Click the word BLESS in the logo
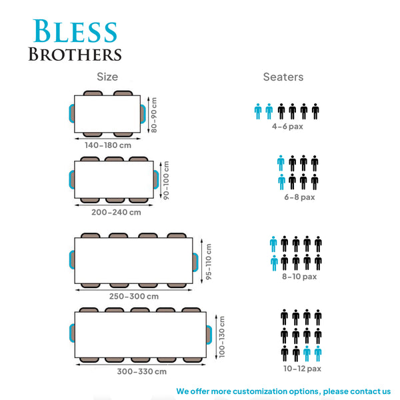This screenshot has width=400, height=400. [x=75, y=31]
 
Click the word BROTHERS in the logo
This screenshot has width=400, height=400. [x=75, y=55]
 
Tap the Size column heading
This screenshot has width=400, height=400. [x=107, y=77]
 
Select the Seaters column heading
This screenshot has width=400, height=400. [x=283, y=77]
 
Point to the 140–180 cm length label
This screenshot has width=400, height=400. [x=108, y=145]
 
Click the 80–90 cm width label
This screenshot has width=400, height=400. [x=153, y=115]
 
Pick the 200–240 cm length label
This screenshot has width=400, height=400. [x=116, y=212]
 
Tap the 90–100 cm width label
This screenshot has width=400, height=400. [x=166, y=180]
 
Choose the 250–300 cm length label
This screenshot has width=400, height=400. [x=134, y=296]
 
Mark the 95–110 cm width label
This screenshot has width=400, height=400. [x=209, y=262]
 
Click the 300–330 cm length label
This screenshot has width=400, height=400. [x=142, y=371]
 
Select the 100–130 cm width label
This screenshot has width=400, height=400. [x=222, y=337]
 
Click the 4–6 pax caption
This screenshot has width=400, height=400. [x=287, y=126]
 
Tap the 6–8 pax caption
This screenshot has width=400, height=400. [x=299, y=197]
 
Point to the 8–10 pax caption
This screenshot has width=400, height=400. [x=299, y=277]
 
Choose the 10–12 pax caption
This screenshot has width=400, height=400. [x=302, y=369]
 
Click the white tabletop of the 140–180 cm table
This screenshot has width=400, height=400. [x=107, y=114]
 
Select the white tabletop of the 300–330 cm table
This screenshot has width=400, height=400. [x=140, y=335]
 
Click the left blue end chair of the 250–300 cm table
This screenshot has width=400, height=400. [x=72, y=260]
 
